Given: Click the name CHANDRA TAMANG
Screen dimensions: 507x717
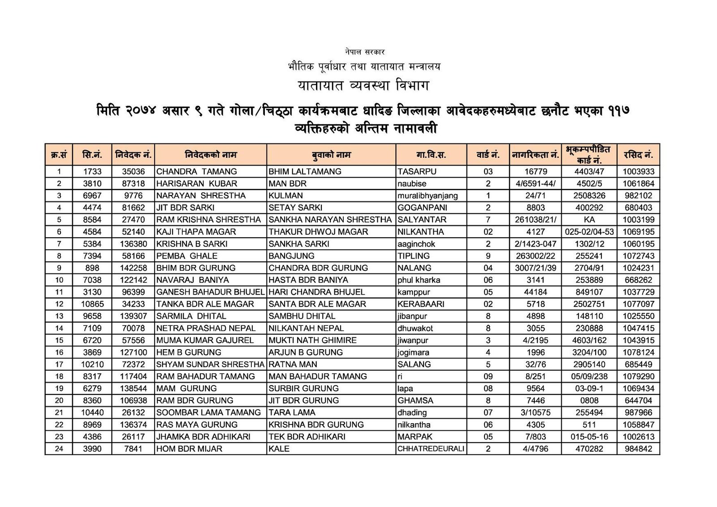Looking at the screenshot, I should [196, 172].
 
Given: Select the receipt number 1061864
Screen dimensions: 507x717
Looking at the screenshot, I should [638, 184].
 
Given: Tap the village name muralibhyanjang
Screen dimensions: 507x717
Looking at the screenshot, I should [428, 196].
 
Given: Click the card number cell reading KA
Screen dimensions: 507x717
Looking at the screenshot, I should [589, 220].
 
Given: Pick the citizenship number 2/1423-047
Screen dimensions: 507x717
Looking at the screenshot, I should [535, 244].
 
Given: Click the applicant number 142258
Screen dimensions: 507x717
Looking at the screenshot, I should [133, 268].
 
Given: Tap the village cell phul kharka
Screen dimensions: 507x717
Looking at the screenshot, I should [419, 280].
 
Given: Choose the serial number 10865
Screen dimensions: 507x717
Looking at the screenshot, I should [92, 304].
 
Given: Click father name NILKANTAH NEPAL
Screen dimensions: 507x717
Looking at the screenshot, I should [306, 329].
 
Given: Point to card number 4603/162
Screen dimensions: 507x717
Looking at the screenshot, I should [589, 341].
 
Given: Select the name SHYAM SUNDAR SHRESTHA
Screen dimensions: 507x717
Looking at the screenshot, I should [210, 364].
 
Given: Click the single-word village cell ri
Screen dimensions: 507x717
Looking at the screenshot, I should [400, 377].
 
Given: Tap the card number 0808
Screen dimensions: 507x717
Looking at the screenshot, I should [589, 401].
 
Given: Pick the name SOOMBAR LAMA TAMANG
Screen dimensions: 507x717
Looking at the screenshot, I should [208, 413].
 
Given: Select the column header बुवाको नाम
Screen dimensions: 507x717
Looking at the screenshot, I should [331, 155].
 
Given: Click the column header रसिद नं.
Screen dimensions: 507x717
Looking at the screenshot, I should [638, 155].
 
